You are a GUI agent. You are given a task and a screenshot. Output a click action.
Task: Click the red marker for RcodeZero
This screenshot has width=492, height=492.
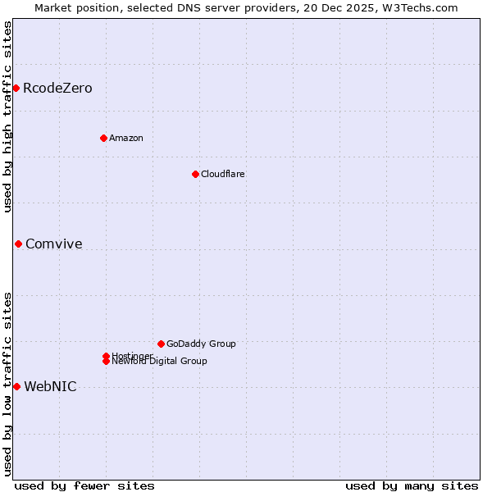(x=16, y=88)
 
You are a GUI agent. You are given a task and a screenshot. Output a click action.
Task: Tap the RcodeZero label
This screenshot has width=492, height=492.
(x=57, y=89)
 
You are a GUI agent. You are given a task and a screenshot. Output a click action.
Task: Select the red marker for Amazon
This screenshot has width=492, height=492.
(x=103, y=138)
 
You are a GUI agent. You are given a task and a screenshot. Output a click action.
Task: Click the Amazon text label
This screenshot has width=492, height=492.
(x=126, y=138)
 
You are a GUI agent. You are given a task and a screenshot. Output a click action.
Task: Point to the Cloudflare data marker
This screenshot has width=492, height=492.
(x=195, y=174)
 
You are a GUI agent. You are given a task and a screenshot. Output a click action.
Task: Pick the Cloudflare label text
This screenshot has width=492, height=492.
(x=223, y=174)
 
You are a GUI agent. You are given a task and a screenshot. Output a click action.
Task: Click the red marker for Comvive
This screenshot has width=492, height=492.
(x=18, y=244)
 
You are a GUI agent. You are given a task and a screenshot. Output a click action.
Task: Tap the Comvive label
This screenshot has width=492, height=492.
(x=54, y=244)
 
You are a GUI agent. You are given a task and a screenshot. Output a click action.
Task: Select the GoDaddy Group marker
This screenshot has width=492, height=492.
(x=161, y=344)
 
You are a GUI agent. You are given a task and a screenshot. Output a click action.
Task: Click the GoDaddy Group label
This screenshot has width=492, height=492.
(x=201, y=344)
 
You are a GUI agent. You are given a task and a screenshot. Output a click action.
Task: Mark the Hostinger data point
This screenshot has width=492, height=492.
(x=106, y=356)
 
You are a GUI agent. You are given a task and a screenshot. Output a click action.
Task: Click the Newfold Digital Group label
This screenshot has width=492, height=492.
(x=159, y=362)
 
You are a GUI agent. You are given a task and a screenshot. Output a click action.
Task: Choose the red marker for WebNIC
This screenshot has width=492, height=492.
(x=16, y=386)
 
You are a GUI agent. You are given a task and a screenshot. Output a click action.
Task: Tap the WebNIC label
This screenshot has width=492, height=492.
(x=51, y=387)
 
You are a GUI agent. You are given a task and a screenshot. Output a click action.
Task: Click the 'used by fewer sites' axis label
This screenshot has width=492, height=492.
(x=84, y=485)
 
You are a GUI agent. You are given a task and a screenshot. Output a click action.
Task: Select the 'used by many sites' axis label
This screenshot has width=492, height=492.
(x=412, y=485)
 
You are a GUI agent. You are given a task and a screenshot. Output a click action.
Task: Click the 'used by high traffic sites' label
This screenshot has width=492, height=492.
(x=7, y=116)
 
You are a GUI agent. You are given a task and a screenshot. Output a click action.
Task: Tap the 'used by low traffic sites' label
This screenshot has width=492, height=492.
(x=7, y=384)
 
